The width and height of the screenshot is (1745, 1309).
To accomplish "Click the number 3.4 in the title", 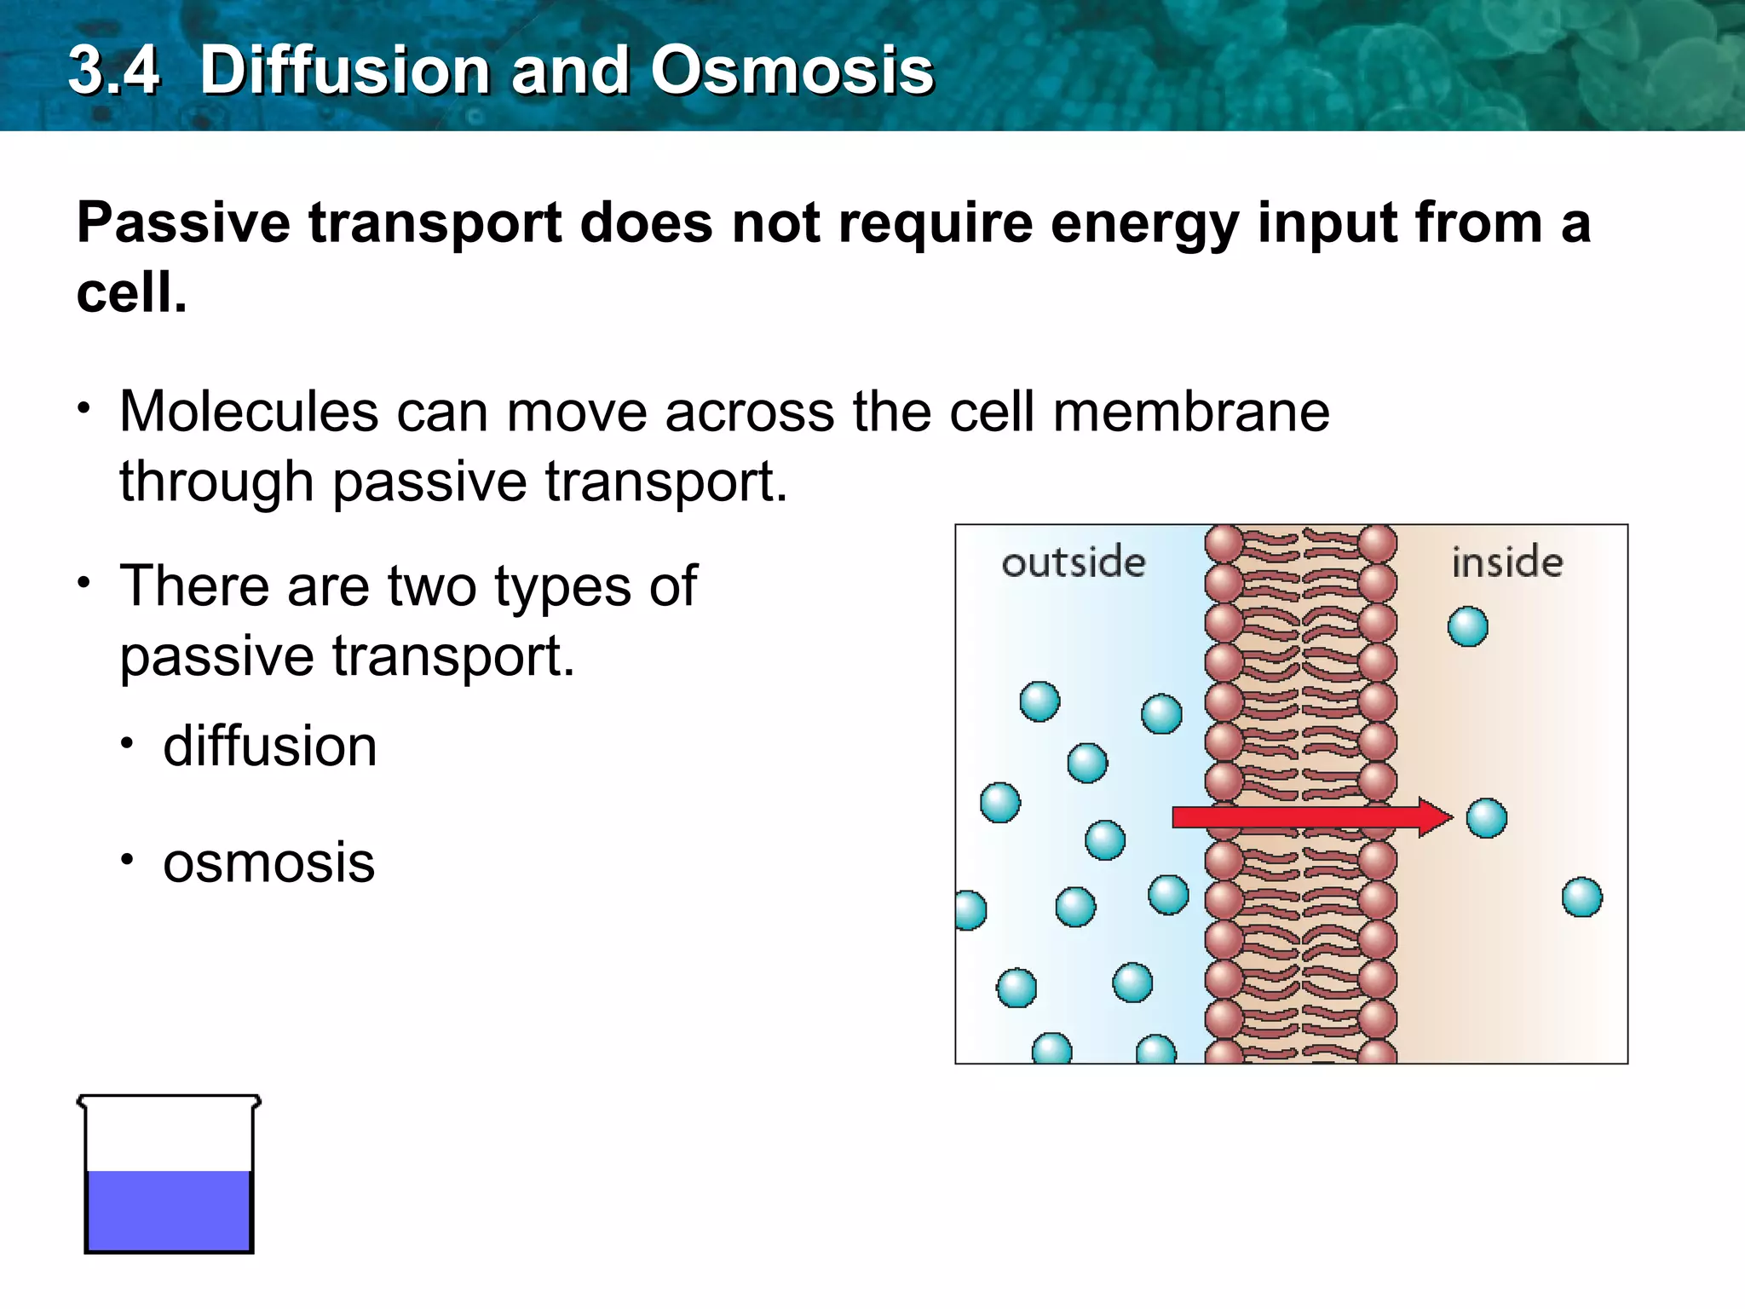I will tap(114, 70).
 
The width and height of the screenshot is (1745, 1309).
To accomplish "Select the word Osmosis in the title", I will tap(792, 70).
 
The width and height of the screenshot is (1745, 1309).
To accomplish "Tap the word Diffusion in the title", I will tap(344, 70).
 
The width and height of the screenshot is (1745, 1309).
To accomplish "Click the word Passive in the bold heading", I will tap(183, 223).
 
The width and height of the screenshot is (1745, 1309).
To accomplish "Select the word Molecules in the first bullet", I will tap(249, 412).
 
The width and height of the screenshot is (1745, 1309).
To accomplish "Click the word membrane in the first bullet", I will tap(1190, 412).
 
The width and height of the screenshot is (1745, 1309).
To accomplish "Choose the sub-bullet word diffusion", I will tap(269, 747).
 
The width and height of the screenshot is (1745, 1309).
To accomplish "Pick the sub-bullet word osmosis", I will tap(268, 862).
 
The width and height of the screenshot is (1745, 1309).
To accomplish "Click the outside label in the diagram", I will tap(1073, 562).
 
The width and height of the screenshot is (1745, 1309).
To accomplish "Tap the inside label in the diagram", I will tap(1507, 562).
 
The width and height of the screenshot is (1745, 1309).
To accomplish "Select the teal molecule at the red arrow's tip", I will tap(1486, 818).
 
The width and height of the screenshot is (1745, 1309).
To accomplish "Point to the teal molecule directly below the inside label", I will tap(1467, 627).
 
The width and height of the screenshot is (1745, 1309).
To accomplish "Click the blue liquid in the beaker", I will tap(169, 1210).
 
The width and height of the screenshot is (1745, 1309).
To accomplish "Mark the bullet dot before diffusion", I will tap(127, 744).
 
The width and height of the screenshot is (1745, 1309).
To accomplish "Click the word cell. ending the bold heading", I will tap(131, 293).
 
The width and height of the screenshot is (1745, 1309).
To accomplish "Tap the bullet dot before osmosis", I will tap(127, 860).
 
